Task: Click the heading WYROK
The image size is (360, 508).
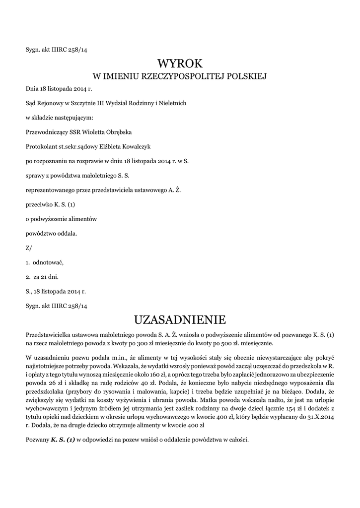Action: coord(180,63)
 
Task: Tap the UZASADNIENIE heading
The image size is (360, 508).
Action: coord(180,318)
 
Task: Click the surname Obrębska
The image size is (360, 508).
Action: coord(119,132)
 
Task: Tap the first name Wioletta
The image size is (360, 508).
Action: coord(91,132)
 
